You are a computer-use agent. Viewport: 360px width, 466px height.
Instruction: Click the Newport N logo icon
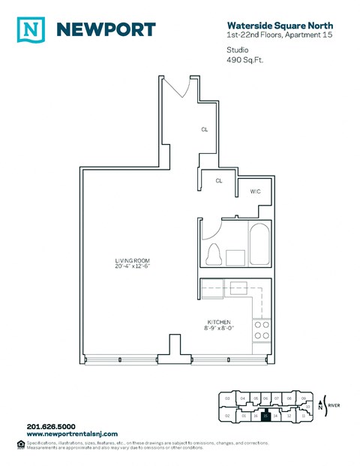(29, 29)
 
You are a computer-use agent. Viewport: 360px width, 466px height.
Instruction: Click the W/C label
(255, 192)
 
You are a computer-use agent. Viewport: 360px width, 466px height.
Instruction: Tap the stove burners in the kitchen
(260, 330)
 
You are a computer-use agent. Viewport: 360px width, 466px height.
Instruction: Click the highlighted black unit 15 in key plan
(265, 415)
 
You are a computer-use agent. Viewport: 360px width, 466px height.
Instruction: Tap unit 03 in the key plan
(226, 398)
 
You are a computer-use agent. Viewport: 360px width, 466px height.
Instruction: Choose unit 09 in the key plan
(303, 398)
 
